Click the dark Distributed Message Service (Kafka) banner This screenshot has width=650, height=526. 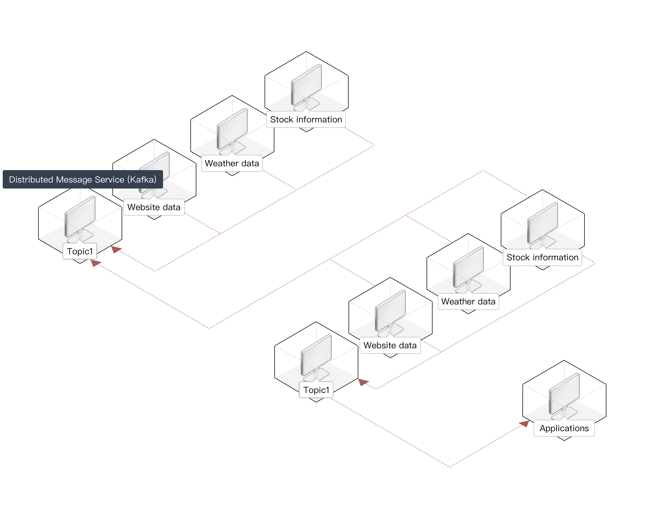(83, 179)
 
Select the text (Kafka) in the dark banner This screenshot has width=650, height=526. (142, 180)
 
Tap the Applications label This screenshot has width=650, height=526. (564, 428)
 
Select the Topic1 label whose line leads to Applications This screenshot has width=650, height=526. (316, 390)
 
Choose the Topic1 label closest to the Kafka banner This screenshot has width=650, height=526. (80, 251)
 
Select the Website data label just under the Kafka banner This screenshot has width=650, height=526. (154, 207)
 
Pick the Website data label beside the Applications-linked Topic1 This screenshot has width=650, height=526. (390, 345)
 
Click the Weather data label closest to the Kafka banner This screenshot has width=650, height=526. (232, 163)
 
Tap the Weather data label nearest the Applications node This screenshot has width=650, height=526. (468, 301)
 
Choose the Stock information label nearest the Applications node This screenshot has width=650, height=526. (542, 258)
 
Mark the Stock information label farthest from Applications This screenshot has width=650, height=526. (306, 119)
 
